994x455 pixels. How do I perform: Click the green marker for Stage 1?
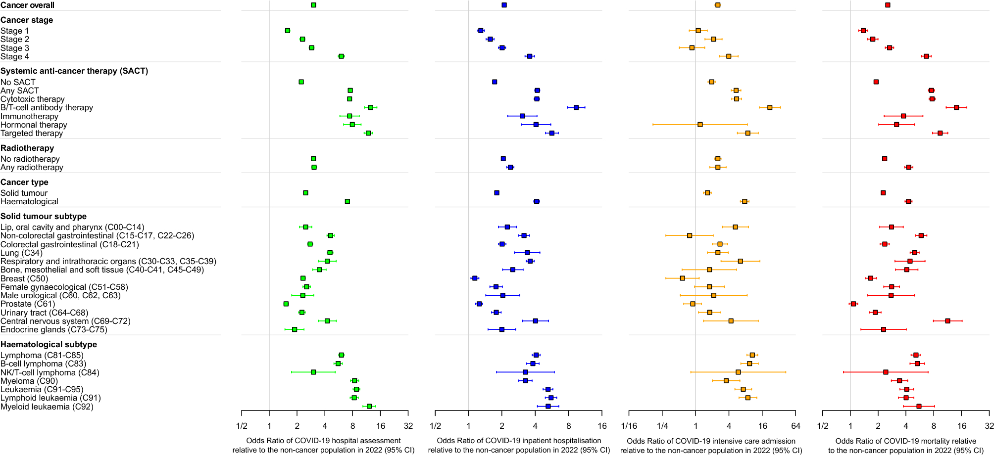coord(288,31)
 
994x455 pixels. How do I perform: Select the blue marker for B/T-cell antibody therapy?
coord(576,107)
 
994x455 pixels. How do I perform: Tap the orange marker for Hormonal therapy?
coord(700,125)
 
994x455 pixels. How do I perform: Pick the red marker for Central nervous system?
coord(948,321)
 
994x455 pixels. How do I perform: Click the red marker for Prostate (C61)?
coord(853,304)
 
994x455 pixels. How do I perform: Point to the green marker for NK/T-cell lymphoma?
coord(313,372)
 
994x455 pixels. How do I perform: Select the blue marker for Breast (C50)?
coord(475,278)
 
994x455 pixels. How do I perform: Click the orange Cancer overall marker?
coord(718,5)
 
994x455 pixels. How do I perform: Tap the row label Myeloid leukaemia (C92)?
coord(47,407)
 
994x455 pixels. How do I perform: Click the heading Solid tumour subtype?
coord(44,216)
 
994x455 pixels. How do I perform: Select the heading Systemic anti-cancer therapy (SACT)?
coord(74,71)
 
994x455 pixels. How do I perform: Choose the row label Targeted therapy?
coord(32,133)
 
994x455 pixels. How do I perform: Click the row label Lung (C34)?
coord(22,253)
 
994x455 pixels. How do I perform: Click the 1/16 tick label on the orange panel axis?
coord(629,426)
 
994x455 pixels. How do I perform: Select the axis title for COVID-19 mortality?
coord(906,445)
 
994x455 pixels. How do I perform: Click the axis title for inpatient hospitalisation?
coord(519,445)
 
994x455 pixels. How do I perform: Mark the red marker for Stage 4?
coord(926,56)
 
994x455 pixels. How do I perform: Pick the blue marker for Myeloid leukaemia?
coord(548,406)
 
